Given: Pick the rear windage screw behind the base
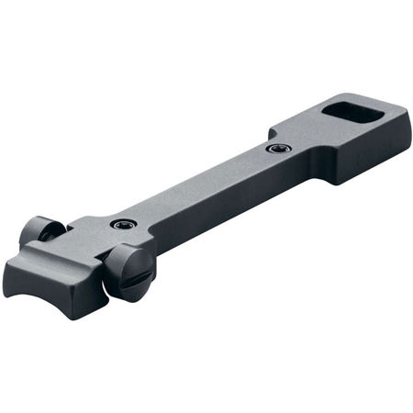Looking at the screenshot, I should click(40, 230).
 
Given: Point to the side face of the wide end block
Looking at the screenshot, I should click(367, 161).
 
